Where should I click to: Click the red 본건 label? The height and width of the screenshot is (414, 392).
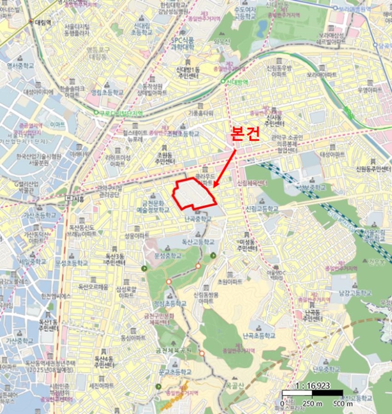click(244, 133)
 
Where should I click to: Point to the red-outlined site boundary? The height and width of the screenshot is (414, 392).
click(193, 193)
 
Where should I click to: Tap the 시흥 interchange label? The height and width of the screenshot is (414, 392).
click(78, 199)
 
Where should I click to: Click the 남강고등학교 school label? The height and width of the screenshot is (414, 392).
click(355, 293)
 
